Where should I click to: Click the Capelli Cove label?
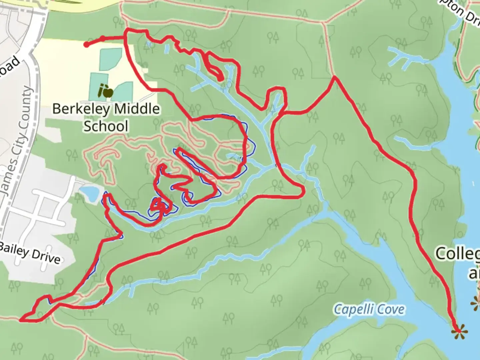point(369,309)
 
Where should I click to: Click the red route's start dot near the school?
point(86,45)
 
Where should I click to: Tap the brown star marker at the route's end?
point(459,331)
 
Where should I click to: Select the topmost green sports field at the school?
point(111,59)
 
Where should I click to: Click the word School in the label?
point(106,126)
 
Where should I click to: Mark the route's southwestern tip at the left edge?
point(21,320)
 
